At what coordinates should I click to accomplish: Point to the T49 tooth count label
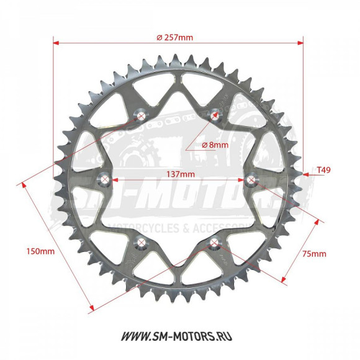(323, 169)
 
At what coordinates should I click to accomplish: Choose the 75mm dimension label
(314, 254)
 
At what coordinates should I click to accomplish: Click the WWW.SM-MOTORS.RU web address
(179, 336)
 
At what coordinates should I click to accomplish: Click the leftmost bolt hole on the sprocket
(106, 181)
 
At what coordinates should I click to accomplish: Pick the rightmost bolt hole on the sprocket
(251, 180)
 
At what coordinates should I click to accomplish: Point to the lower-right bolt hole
(215, 242)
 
